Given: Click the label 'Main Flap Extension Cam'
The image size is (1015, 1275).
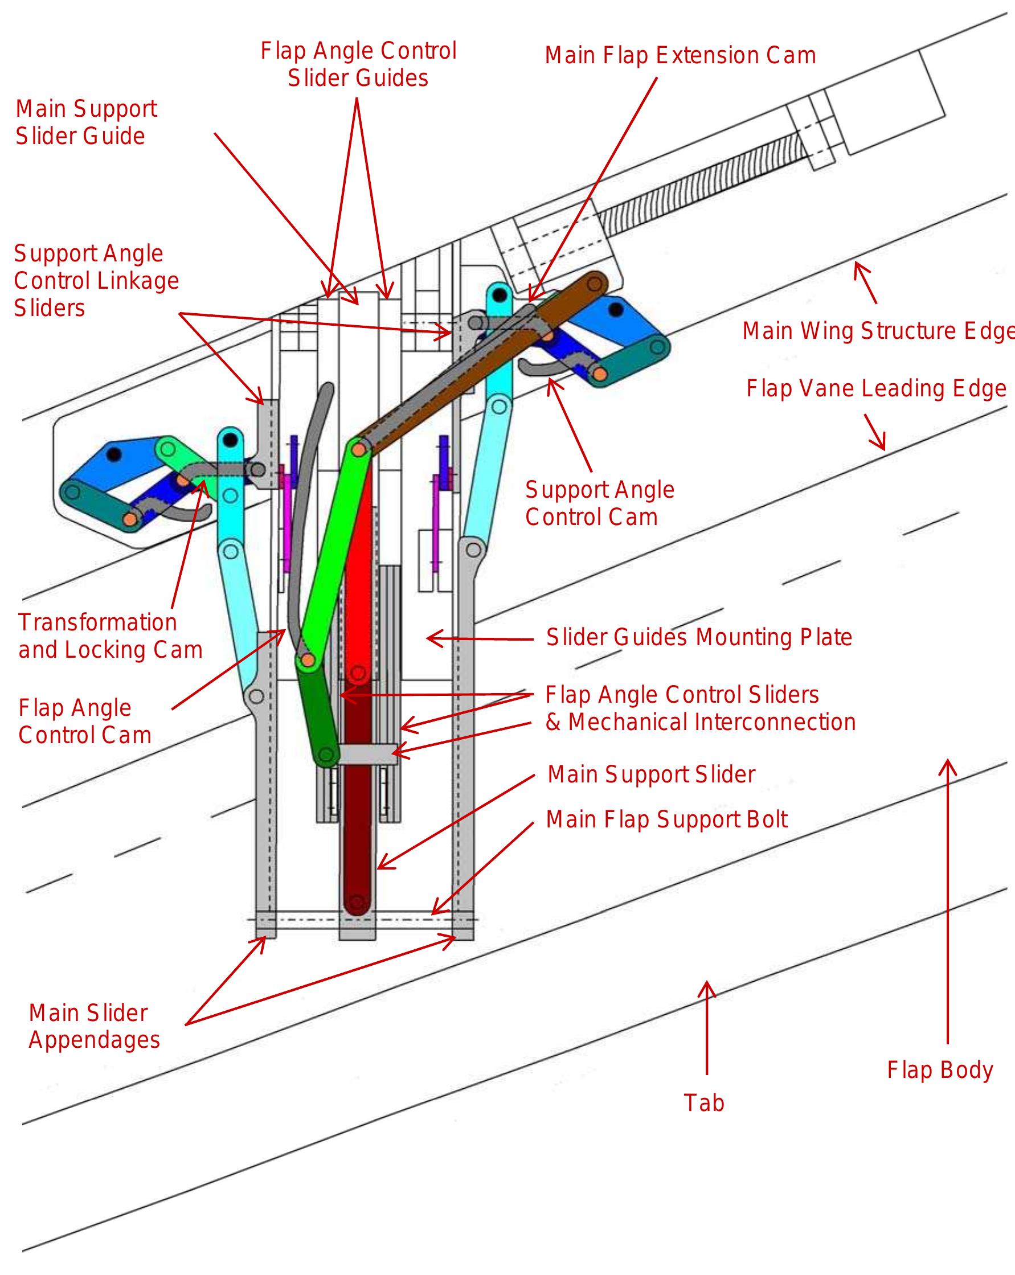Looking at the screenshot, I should point(680,56).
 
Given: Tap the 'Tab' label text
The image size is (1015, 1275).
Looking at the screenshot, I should point(703,1103).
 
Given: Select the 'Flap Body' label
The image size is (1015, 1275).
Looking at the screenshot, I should point(939,1070).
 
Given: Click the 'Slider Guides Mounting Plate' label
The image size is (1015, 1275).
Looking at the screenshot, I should point(698,638).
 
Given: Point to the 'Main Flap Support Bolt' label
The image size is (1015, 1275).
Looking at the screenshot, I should point(666,819).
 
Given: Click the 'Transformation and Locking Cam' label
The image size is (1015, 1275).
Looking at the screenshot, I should point(110,636).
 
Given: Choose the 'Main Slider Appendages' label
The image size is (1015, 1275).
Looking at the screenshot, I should point(94,1026).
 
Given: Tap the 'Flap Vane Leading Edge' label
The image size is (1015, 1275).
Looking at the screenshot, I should point(875,389).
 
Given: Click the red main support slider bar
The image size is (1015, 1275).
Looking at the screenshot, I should point(358,591).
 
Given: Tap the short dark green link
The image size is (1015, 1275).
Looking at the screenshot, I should point(317,712).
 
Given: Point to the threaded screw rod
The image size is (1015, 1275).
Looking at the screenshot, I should point(698,183).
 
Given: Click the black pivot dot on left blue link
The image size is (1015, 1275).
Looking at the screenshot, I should point(114,455).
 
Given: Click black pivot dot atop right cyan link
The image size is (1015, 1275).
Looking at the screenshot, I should point(501,294).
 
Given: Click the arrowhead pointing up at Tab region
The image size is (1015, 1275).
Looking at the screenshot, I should point(706,987).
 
